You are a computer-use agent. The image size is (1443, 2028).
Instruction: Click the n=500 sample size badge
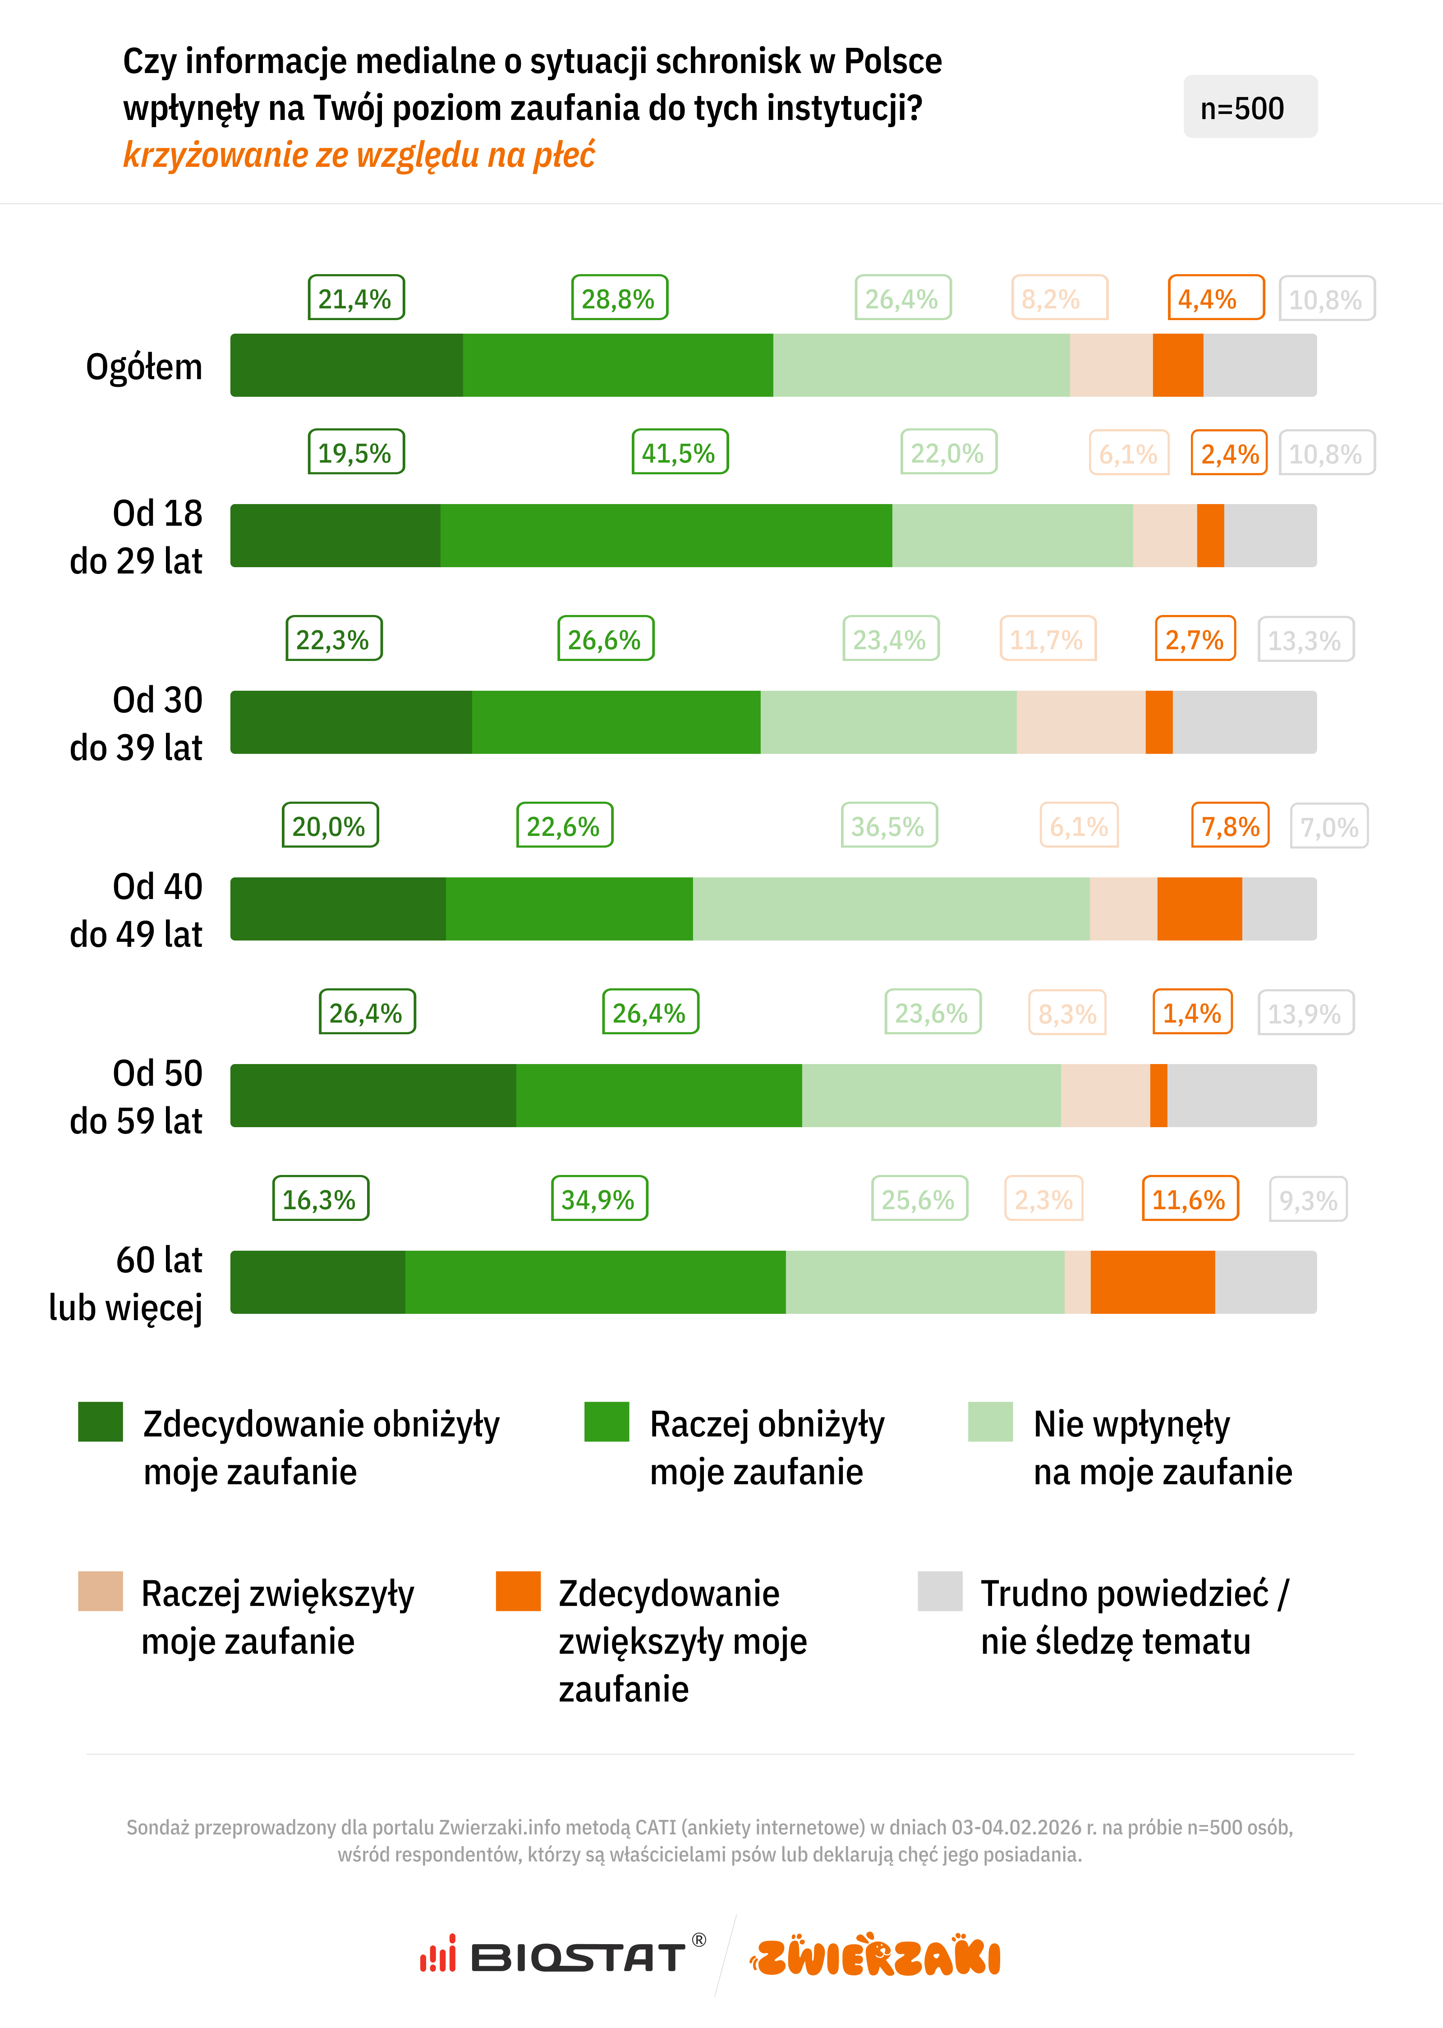1249,107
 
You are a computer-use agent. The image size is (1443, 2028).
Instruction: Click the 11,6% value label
1189,1198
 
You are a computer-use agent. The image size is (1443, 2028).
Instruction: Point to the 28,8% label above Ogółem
618,298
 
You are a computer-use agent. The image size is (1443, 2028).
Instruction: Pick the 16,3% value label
320,1198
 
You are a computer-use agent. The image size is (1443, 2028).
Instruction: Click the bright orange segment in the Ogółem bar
1177,365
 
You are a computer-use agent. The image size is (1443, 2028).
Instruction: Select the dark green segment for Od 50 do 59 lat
373,1095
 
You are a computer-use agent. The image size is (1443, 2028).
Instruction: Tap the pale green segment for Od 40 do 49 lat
890,909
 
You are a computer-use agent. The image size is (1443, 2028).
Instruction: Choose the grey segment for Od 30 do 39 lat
1244,722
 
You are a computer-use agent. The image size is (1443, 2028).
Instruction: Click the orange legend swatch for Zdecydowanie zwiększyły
518,1591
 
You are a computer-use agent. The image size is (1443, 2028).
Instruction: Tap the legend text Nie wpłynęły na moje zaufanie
1161,1447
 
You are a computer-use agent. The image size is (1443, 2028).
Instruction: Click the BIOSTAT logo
562,1956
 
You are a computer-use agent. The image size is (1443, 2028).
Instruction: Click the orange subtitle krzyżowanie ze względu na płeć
359,155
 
